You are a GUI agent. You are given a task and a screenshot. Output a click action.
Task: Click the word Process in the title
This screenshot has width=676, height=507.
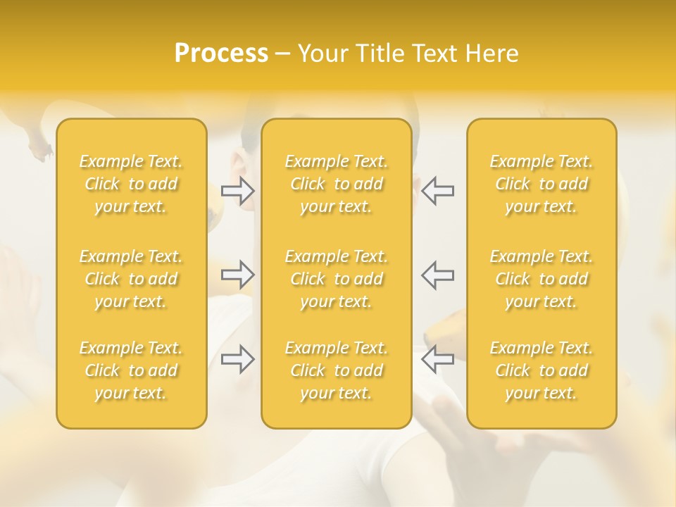click(x=221, y=54)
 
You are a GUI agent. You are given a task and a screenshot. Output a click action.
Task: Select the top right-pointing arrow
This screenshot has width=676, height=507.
click(x=238, y=191)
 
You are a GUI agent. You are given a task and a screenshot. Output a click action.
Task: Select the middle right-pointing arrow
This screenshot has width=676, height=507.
click(x=238, y=275)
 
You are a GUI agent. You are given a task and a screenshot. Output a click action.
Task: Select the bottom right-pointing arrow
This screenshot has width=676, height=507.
click(x=238, y=359)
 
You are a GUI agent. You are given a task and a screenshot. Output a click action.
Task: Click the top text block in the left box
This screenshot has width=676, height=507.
click(x=131, y=184)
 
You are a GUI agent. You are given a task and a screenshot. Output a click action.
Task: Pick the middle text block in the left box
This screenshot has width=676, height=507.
click(x=131, y=279)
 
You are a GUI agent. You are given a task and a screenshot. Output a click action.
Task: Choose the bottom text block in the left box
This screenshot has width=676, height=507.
click(x=131, y=370)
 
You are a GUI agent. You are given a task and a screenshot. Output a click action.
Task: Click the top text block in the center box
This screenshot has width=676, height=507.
click(x=337, y=184)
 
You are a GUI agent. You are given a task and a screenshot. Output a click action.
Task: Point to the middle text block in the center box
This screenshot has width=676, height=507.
click(x=337, y=279)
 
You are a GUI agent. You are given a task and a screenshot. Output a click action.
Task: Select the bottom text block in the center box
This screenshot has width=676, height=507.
click(x=337, y=370)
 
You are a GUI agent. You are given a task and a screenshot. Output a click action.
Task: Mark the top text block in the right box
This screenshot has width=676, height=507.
click(x=542, y=184)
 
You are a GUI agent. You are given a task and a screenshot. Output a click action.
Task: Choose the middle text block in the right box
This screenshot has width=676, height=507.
click(x=542, y=279)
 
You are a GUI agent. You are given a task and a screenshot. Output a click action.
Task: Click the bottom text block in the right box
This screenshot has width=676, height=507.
click(x=542, y=370)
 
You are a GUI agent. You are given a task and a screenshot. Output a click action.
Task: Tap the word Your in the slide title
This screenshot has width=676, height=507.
click(x=321, y=54)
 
